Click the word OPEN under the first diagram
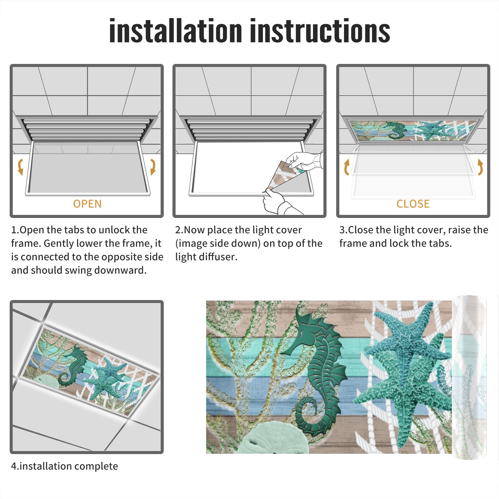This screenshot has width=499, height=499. tap(87, 204)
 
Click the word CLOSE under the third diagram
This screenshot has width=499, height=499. tap(413, 204)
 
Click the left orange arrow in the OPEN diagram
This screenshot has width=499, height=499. tap(20, 167)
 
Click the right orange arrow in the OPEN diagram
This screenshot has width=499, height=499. tap(153, 167)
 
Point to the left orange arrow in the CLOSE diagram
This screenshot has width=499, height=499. tap(346, 167)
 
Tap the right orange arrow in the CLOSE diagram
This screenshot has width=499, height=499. tap(480, 167)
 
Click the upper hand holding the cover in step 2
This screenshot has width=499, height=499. tap(304, 160)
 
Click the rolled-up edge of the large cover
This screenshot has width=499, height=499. tap(469, 377)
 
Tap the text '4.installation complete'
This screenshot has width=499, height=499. tap(65, 466)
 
